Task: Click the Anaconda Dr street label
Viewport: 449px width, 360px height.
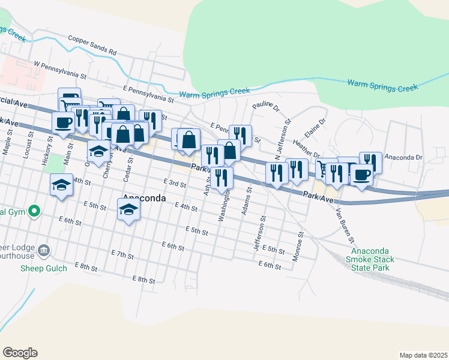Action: (x=404, y=158)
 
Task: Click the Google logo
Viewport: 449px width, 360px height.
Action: (x=20, y=353)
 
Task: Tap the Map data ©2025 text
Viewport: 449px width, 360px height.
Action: (x=423, y=355)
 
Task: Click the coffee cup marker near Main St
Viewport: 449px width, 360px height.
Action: (x=63, y=123)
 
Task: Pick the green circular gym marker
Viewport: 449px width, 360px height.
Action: (x=34, y=211)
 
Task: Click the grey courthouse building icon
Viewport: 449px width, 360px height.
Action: (x=43, y=250)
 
